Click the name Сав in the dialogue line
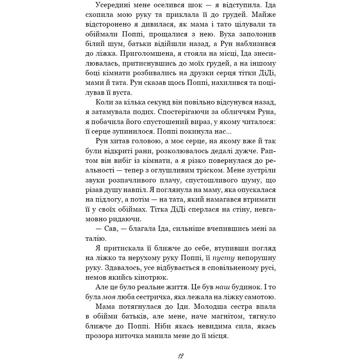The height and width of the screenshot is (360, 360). tap(115, 228)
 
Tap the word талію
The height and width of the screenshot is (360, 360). tap(94, 238)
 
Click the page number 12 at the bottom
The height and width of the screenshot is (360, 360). tap(180, 356)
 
